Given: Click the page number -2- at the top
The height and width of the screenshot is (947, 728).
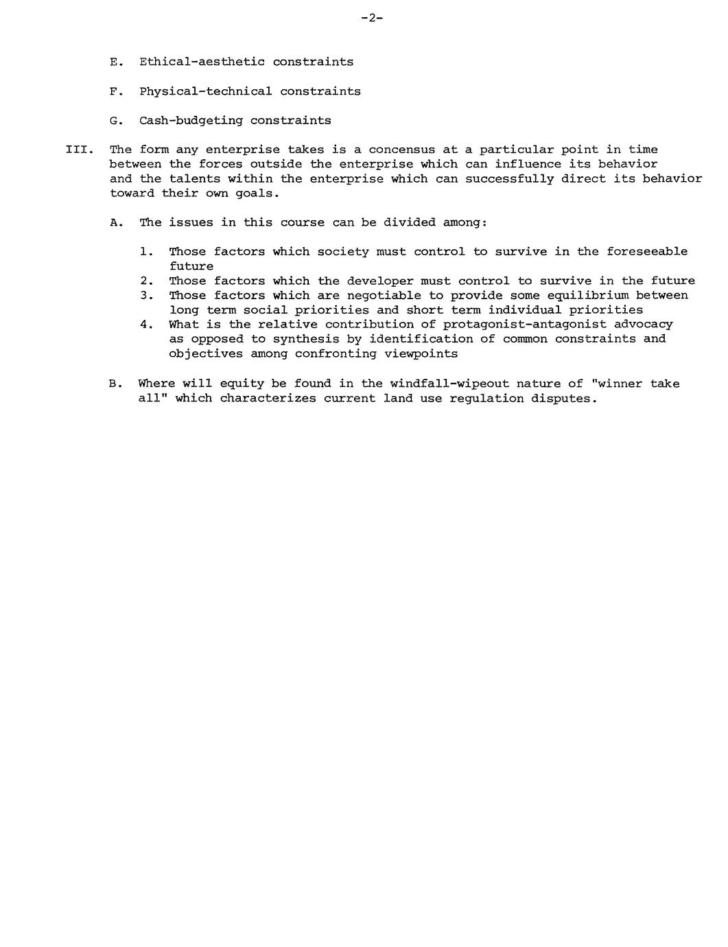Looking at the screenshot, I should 372,19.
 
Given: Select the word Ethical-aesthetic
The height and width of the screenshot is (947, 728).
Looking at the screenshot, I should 202,62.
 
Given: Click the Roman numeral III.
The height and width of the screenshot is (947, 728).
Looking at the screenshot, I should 78,150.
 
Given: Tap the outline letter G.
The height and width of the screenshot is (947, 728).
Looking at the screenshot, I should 115,121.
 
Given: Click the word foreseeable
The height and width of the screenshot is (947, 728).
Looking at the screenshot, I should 646,252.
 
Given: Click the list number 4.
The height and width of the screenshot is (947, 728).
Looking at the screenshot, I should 145,325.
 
